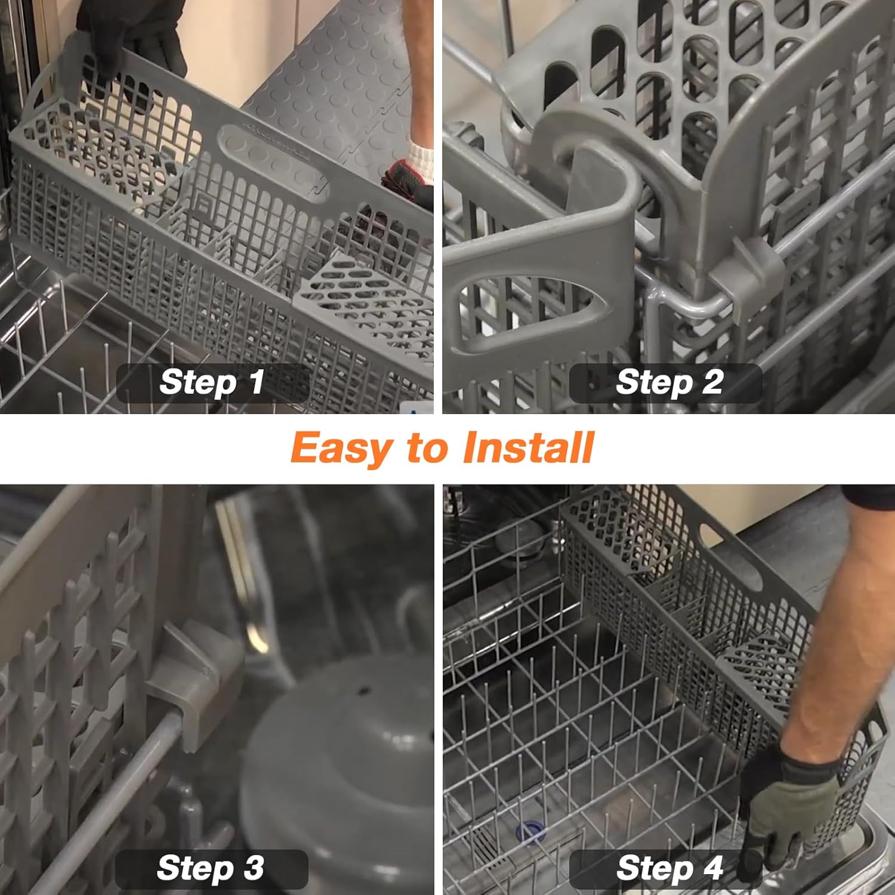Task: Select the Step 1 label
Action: [x=212, y=382]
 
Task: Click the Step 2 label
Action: [x=668, y=382]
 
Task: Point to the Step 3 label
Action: [x=210, y=868]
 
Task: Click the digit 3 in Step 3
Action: [x=254, y=868]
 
